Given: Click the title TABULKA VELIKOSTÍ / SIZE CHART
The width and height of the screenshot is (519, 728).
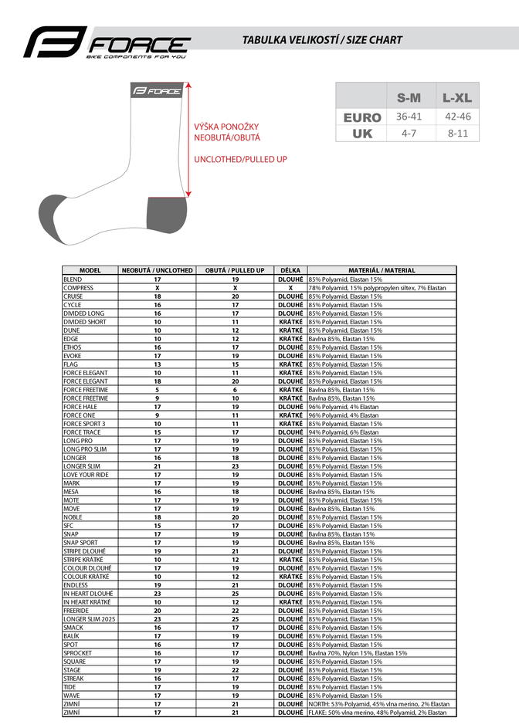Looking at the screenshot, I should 322,39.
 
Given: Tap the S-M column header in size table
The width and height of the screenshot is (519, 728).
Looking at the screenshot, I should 409,98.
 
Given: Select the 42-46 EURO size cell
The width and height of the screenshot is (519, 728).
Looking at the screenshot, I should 459,117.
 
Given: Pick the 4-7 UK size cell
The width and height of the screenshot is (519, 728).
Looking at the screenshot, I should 409,133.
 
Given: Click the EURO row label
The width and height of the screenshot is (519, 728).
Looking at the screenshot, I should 362,117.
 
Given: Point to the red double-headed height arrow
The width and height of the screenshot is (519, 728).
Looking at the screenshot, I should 188,141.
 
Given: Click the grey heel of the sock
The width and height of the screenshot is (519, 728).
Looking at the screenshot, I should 165,214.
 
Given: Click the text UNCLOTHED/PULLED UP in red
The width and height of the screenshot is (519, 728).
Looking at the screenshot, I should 240,159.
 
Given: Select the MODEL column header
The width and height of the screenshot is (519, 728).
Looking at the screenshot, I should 90,270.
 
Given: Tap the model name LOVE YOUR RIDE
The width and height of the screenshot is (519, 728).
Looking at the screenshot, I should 86,475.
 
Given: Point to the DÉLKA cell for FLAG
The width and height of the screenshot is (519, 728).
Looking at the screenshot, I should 290,364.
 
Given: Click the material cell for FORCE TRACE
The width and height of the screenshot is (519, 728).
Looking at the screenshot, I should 344,432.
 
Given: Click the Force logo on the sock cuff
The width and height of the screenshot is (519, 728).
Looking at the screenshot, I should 158,91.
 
